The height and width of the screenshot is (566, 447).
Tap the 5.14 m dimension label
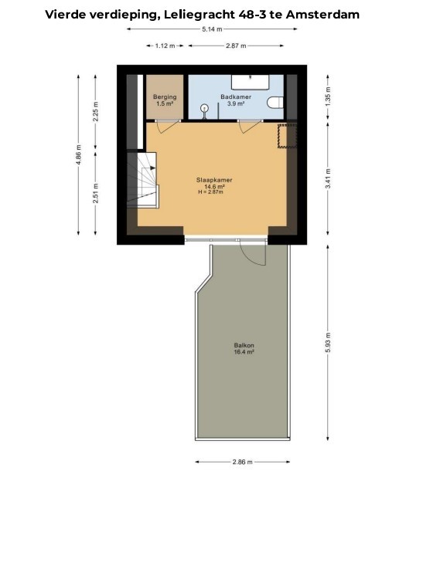point(213,29)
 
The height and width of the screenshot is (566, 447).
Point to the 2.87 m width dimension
point(236,46)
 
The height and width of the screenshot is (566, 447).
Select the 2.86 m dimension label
point(242,462)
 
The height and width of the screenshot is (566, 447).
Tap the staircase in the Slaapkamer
point(142,181)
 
